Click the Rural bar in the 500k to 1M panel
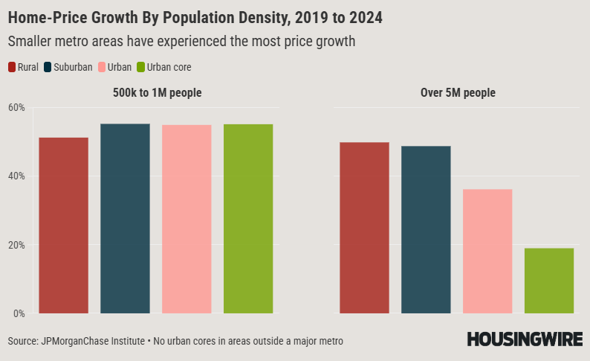tap(63, 226)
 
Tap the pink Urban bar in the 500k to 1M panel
tap(187, 219)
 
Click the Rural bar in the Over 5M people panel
tap(364, 228)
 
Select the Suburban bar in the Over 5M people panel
tap(426, 229)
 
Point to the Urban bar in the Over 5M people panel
tap(487, 251)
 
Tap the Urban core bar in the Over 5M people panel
tap(549, 281)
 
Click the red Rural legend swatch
tap(12, 68)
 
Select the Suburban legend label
tap(73, 68)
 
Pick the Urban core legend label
tap(169, 68)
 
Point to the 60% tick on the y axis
tap(16, 108)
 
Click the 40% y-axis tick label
tap(16, 176)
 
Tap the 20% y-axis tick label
tap(16, 245)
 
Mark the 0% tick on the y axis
tap(19, 313)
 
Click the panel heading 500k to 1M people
tap(156, 93)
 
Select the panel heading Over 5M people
tap(456, 93)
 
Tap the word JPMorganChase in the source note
tap(79, 341)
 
